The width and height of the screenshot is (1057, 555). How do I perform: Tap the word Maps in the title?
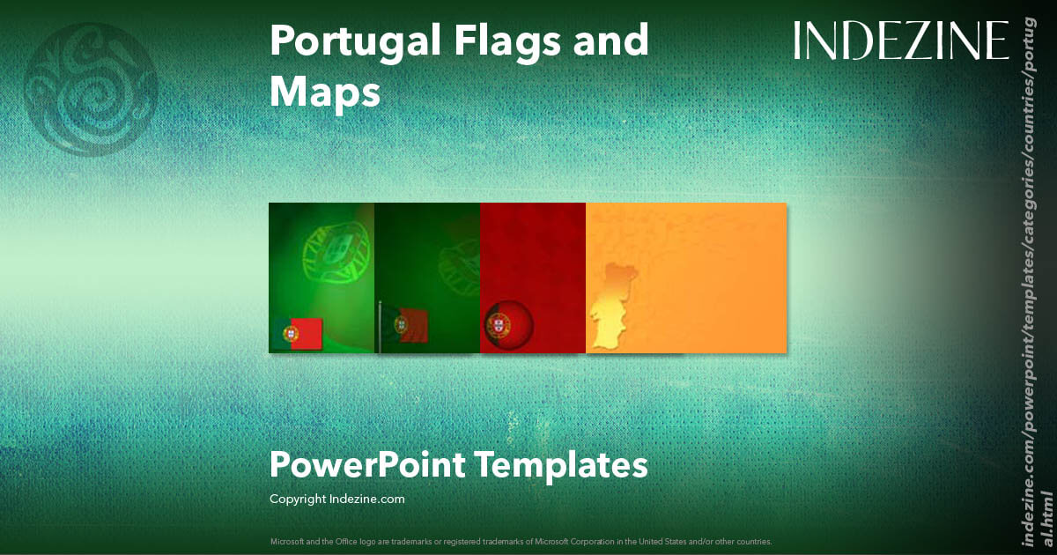click(x=325, y=91)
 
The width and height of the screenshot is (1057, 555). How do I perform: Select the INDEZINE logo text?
click(x=901, y=41)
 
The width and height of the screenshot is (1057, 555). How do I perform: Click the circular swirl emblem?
click(x=92, y=90)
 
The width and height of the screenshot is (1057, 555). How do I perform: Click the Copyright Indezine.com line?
click(x=336, y=499)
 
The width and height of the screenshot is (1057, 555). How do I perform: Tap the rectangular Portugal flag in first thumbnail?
click(x=297, y=332)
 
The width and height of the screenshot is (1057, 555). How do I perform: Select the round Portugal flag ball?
click(x=508, y=326)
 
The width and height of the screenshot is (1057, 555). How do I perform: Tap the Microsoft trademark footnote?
click(x=520, y=541)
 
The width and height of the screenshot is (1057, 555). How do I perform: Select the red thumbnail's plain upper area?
click(x=533, y=247)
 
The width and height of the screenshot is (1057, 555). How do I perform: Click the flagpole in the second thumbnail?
click(x=380, y=326)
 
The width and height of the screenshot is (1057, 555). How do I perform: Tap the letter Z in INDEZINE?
click(x=913, y=41)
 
